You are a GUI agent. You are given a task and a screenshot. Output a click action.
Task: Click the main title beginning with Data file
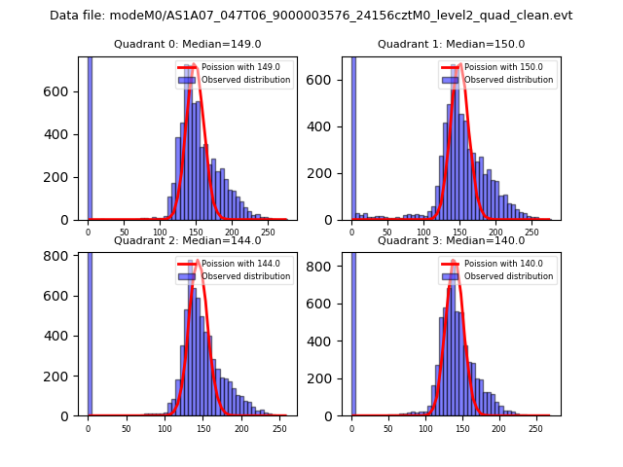[x=311, y=16]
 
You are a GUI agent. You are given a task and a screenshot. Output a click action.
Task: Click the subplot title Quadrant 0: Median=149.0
[x=187, y=44]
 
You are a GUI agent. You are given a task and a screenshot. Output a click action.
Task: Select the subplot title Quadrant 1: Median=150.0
[x=451, y=44]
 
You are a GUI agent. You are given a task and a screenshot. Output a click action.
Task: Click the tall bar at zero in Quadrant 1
[x=352, y=136]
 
